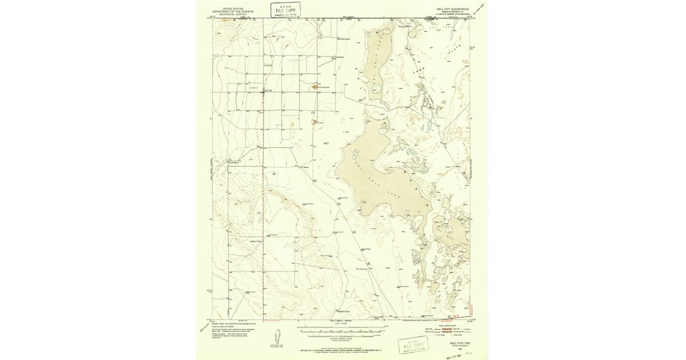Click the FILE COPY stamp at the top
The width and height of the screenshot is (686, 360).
pos(285,10)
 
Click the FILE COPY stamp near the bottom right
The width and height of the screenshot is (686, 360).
pos(414,346)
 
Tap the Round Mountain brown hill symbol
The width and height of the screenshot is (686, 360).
pos(315,87)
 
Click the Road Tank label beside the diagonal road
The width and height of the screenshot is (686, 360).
pos(366,249)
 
